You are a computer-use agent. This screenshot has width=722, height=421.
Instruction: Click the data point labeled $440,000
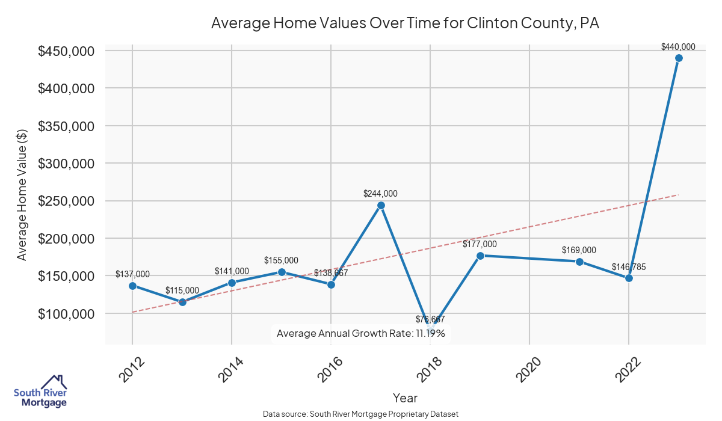(679, 58)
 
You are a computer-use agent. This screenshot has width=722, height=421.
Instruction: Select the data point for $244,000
(381, 205)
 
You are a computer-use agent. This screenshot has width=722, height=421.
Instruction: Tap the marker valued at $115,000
(182, 302)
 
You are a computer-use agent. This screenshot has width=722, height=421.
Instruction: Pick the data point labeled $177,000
(480, 256)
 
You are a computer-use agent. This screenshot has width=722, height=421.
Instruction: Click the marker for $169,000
(579, 262)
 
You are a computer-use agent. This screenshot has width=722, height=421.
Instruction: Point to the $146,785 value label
(629, 266)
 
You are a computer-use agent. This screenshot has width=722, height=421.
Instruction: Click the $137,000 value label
(132, 274)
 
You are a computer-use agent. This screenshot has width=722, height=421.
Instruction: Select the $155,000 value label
(281, 260)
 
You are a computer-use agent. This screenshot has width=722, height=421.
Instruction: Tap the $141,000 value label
(232, 271)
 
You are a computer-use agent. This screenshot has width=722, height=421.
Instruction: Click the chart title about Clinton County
(406, 23)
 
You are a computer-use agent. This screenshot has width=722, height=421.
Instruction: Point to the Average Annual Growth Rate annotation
(360, 333)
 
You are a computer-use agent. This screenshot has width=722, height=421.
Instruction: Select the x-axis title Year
(405, 398)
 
